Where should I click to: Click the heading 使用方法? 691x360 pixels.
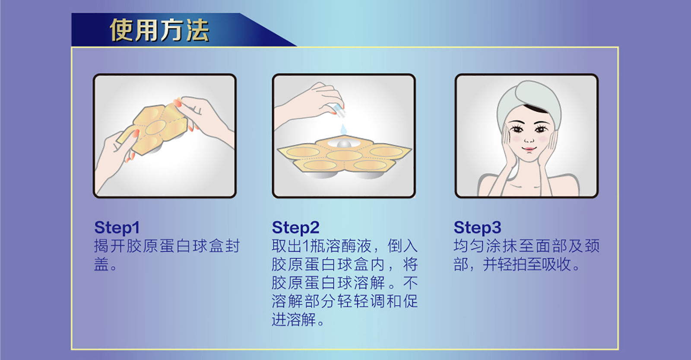[159, 30]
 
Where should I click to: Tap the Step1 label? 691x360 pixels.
[117, 227]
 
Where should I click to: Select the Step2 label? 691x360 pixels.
[295, 227]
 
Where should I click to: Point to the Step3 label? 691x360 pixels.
[477, 227]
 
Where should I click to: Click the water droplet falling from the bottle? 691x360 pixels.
[343, 129]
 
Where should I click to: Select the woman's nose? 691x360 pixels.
[529, 139]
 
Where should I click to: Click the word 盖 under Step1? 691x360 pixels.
[101, 264]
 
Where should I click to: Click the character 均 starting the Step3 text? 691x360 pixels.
[461, 246]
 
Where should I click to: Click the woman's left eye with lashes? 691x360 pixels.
[540, 129]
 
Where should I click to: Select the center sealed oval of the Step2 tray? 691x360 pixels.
[344, 156]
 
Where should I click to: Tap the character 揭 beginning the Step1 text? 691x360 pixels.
[101, 246]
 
